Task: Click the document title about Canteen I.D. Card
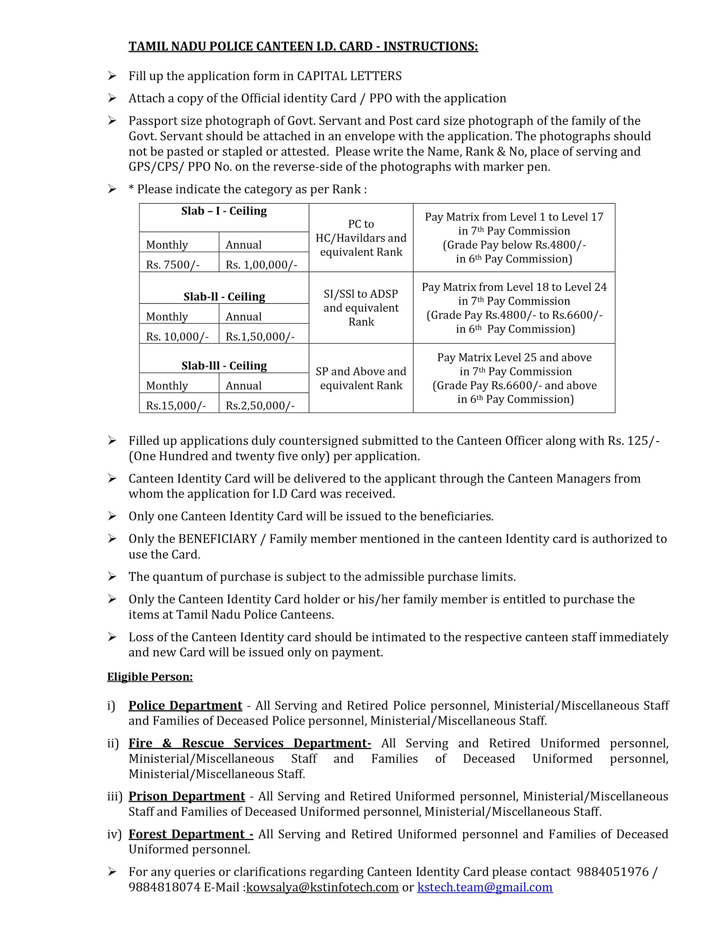point(303,46)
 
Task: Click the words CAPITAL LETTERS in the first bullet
point(349,76)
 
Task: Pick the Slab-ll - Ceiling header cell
point(224,296)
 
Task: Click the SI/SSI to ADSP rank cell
point(361,307)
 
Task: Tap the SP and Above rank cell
point(361,378)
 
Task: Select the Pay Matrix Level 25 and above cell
point(514,378)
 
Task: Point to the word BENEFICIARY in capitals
point(218,539)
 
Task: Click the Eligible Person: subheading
point(150,677)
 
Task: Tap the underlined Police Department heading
point(185,705)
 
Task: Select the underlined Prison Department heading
point(187,796)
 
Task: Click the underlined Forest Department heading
point(191,833)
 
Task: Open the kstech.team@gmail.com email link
point(485,887)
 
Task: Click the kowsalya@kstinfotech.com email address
point(322,887)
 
